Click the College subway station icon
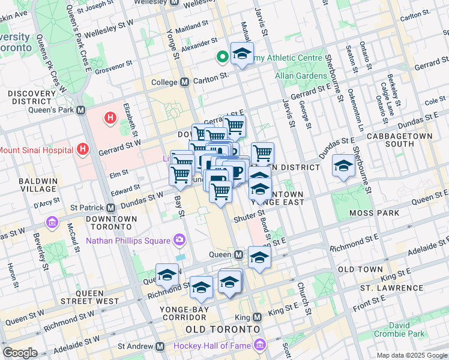pyautogui.click(x=184, y=82)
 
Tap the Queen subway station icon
pyautogui.click(x=238, y=255)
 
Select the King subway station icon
pyautogui.click(x=258, y=317)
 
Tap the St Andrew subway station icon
pyautogui.click(x=160, y=346)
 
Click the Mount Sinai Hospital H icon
pyautogui.click(x=83, y=149)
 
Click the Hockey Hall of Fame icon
pyautogui.click(x=259, y=346)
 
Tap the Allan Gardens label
pyautogui.click(x=301, y=76)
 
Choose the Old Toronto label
pyautogui.click(x=223, y=330)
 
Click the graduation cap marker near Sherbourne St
pyautogui.click(x=343, y=166)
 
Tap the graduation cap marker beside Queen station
pyautogui.click(x=259, y=257)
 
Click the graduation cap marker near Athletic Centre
pyautogui.click(x=241, y=54)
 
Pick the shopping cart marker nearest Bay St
pyautogui.click(x=180, y=174)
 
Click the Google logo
pyautogui.click(x=20, y=353)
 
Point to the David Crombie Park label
pyautogui.click(x=399, y=329)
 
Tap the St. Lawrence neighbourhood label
pyautogui.click(x=388, y=288)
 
